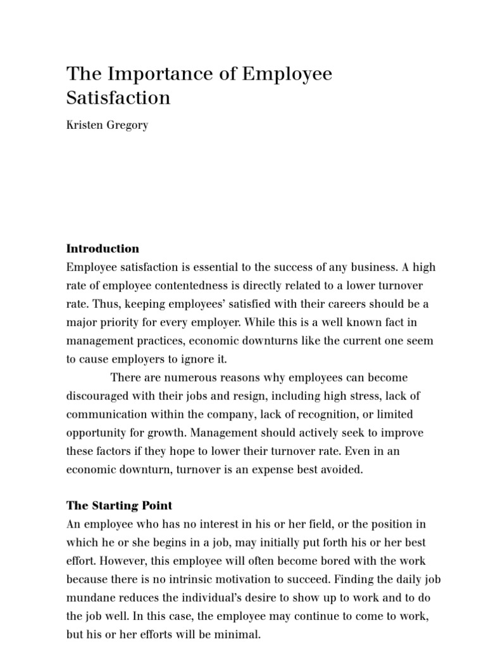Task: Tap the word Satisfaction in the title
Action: [118, 98]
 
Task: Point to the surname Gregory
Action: [129, 124]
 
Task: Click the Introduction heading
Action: [103, 248]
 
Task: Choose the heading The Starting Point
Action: [119, 506]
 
